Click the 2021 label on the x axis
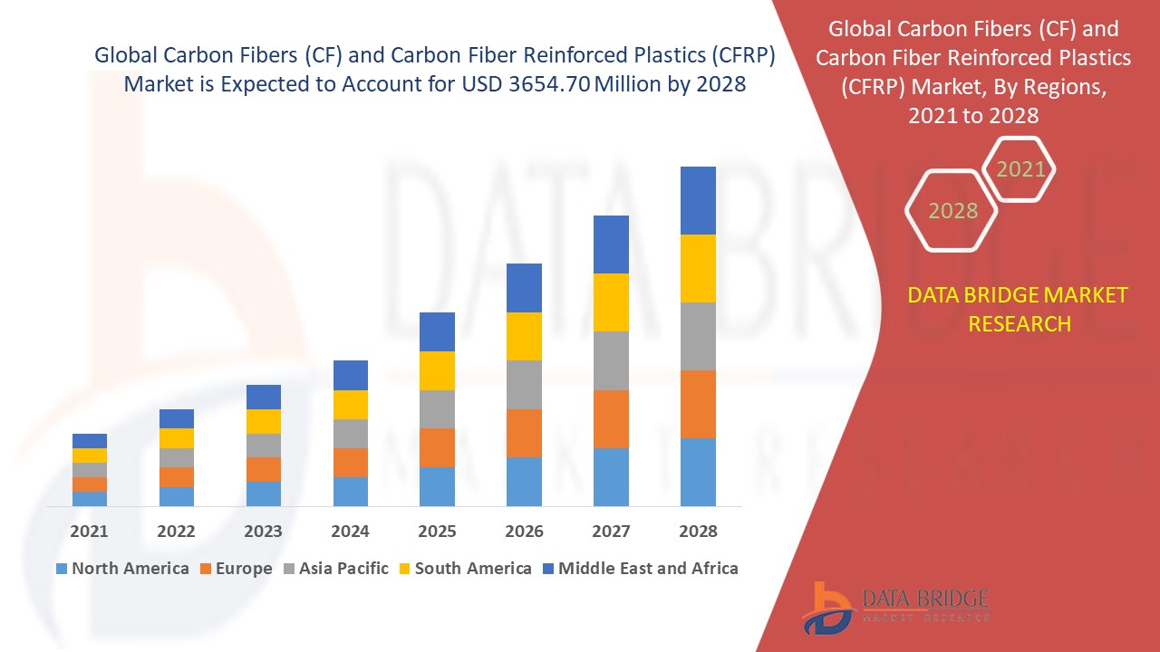coord(89,531)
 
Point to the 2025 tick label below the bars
coord(437,531)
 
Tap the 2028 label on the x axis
coord(698,531)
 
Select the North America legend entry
coord(122,568)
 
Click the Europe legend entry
coord(237,568)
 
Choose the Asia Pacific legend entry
coord(336,568)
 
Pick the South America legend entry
coord(466,568)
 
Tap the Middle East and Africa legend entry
coord(641,568)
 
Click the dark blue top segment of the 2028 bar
coord(698,200)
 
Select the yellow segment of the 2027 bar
coord(611,302)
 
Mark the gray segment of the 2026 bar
coord(524,385)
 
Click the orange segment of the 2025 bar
coord(437,447)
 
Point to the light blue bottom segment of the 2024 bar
coord(351,492)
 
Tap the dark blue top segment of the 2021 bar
coord(90,441)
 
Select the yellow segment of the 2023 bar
coord(264,421)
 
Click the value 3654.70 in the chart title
coord(549,84)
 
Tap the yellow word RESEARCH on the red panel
coord(1020,324)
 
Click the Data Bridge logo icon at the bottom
coord(827,609)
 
